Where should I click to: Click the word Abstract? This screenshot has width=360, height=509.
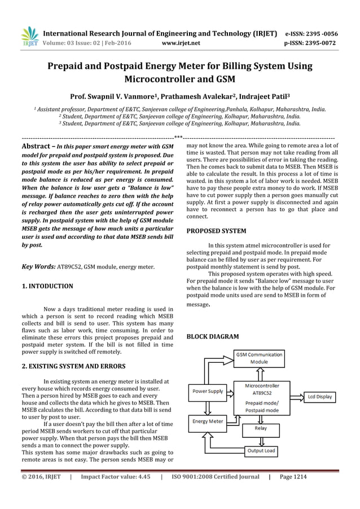point(36,146)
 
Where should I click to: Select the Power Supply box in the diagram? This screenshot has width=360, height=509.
point(208,390)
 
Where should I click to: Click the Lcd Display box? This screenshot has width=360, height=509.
point(320,397)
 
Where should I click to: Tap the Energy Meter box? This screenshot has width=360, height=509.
point(208,421)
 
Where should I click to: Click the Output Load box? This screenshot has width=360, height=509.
point(260,451)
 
